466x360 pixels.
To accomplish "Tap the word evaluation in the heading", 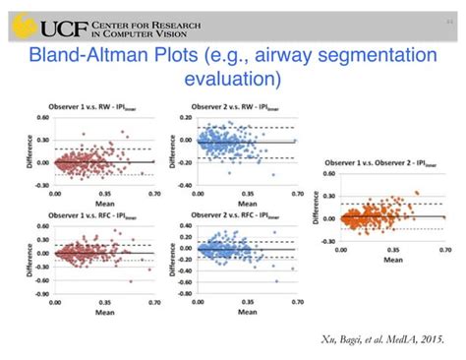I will click(232, 78).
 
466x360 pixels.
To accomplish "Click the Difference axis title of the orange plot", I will click(316, 204).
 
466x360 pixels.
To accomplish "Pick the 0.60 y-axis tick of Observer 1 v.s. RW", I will click(41, 116).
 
